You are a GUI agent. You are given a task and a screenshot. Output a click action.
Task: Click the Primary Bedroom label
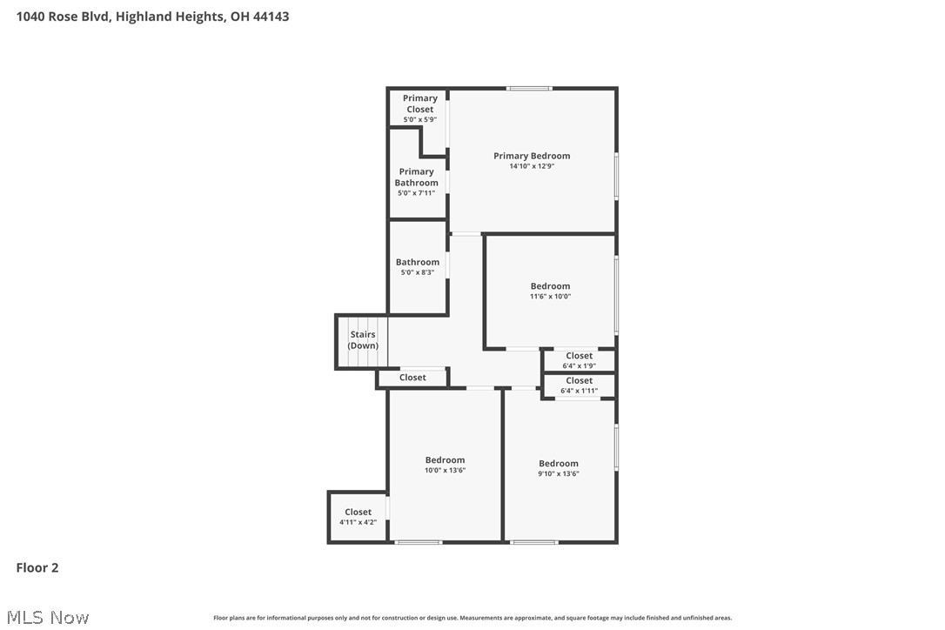[x=532, y=157]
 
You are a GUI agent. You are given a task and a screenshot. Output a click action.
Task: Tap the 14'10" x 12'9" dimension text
[x=532, y=166]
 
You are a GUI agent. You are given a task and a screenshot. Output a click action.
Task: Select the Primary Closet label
[x=419, y=104]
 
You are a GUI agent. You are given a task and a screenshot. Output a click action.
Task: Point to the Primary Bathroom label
[x=417, y=178]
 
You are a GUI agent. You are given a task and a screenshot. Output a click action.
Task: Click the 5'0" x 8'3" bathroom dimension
[x=418, y=272]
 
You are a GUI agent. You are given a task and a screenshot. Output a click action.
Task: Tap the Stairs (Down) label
[x=363, y=340]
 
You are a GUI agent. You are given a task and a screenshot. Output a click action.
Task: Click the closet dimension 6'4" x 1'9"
[x=580, y=365]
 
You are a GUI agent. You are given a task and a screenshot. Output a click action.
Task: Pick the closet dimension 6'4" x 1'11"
[x=580, y=391]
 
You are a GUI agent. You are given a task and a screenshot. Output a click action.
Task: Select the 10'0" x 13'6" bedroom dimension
[x=445, y=471]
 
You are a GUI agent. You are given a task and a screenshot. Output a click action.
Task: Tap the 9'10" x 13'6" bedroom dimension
[x=558, y=474]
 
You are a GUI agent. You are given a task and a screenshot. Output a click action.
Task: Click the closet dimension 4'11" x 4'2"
[x=358, y=522]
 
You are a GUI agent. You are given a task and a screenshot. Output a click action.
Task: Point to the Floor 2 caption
[x=37, y=568]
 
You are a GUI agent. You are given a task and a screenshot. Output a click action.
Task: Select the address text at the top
[x=153, y=17]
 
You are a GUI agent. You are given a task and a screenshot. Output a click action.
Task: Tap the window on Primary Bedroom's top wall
[x=530, y=88]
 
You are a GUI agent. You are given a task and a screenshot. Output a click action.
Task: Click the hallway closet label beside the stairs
[x=412, y=378]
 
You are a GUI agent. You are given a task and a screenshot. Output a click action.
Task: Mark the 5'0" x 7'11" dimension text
[x=416, y=193]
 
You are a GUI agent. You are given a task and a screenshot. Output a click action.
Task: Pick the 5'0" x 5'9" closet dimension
[x=419, y=119]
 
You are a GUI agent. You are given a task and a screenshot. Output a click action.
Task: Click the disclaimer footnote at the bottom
[x=473, y=618]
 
